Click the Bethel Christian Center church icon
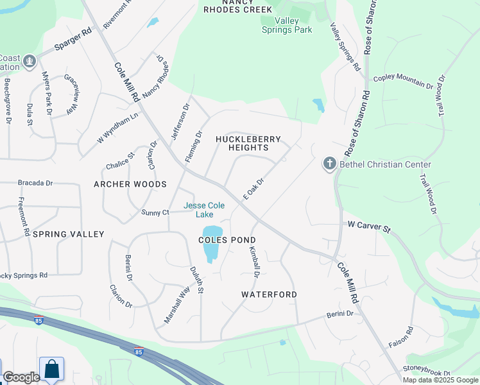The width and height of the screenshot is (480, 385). point(330,164)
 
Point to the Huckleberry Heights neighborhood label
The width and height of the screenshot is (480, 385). point(250,143)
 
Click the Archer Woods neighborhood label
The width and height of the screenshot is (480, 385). point(130,184)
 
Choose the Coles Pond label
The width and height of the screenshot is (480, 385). point(227,240)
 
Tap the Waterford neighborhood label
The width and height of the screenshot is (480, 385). point(269,295)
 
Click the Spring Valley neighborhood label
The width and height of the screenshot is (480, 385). point(68,234)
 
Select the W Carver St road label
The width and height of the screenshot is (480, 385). point(369,227)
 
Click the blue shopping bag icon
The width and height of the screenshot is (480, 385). point(51,369)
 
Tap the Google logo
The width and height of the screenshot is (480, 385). point(21,378)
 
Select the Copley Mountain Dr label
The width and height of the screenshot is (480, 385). point(404,81)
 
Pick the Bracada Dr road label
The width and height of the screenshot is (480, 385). point(35,183)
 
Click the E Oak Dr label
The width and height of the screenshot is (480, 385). point(253,189)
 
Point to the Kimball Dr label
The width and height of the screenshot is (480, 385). point(254,262)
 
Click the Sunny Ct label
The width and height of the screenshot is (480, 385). point(155,212)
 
